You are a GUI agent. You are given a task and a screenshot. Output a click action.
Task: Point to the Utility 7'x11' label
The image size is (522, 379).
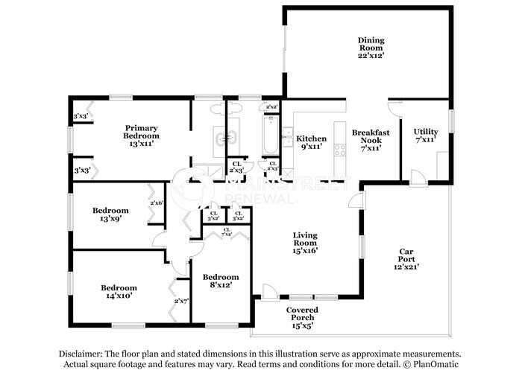pos(426,136)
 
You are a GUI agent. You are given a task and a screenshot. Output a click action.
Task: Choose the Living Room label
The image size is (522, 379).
pos(305,243)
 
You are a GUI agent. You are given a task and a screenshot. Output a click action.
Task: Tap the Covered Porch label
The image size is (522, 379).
pos(302,313)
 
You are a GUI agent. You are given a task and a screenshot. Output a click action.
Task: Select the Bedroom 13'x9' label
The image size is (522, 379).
pos(110,215)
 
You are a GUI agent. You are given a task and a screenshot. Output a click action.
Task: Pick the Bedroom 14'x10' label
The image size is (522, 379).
pos(119,293)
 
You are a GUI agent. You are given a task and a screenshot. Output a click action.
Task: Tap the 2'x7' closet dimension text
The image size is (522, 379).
pos(181,301)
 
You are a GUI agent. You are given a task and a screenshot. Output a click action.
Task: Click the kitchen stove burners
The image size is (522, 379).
pos(339,148)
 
